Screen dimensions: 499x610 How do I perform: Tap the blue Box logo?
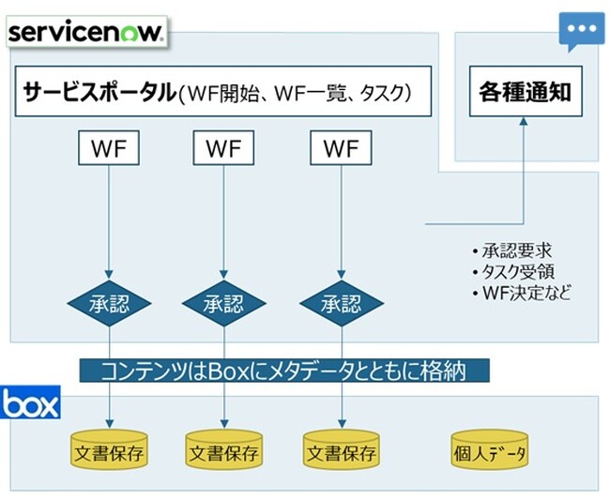(31, 404)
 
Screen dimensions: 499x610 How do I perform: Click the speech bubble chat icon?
(581, 31)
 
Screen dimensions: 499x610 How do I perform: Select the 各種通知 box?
(525, 92)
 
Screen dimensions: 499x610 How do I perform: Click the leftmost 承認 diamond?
(110, 304)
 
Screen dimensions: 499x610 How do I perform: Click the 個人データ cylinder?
(489, 452)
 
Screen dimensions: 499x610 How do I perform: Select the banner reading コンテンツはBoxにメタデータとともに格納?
(285, 370)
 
